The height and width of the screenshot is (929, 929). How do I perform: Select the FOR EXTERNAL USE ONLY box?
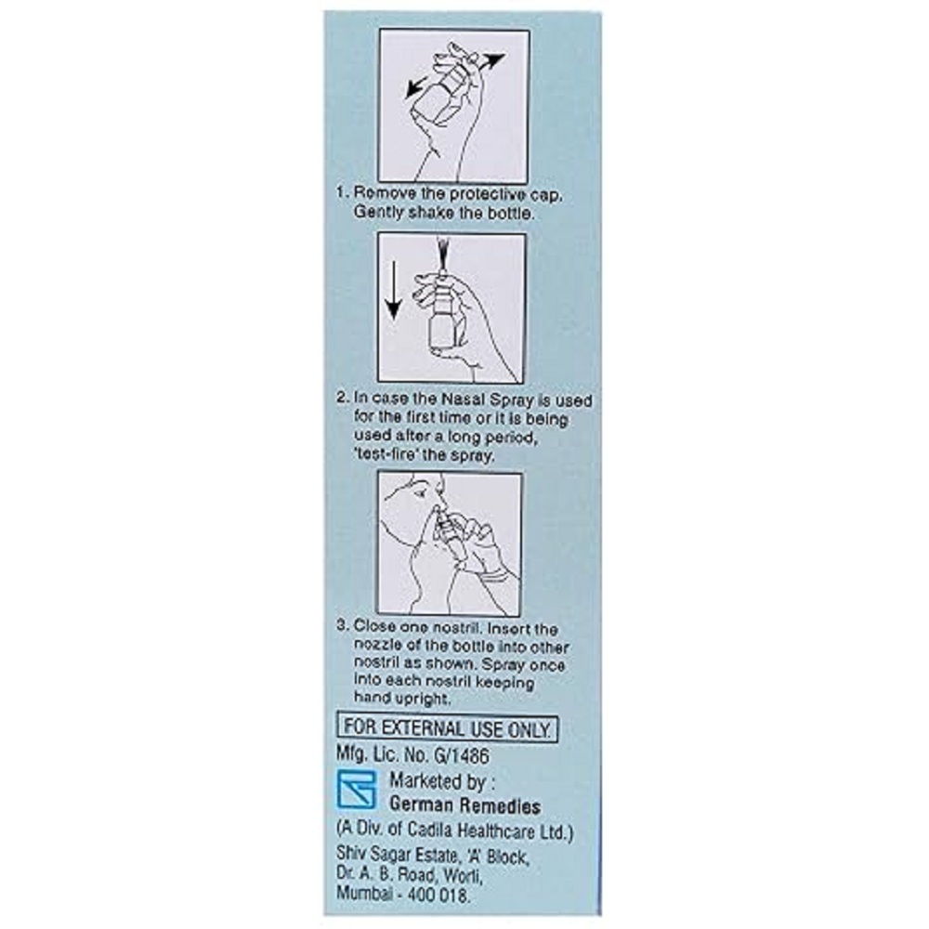point(448,727)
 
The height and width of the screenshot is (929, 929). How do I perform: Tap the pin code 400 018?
point(438,896)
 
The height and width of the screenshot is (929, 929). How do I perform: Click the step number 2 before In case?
point(341,399)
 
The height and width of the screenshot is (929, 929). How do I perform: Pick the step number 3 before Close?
point(341,627)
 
